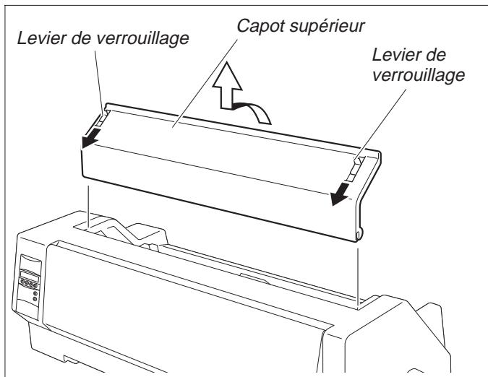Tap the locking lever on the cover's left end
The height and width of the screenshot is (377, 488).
click(103, 116)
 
